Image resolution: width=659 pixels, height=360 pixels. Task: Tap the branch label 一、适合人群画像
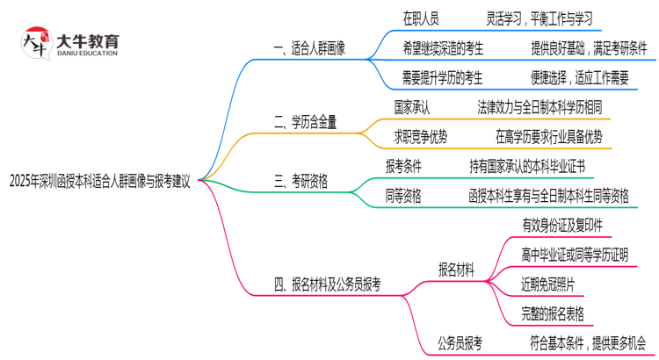pos(309,48)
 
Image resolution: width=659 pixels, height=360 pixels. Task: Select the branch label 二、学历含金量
pos(305,122)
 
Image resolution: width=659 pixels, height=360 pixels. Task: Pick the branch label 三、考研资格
pos(301,181)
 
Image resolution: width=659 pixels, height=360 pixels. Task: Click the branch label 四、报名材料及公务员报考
pos(327,284)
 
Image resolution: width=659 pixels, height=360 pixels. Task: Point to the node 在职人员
pos(421,18)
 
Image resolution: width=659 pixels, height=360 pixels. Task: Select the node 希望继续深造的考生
pos(443,48)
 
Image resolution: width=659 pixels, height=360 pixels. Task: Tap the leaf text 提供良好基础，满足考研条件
pos(589,48)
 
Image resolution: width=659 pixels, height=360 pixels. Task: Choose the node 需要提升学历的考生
pos(443,78)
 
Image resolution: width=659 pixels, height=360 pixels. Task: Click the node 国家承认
pos(412,107)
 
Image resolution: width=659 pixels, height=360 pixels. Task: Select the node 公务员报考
pos(460,342)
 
